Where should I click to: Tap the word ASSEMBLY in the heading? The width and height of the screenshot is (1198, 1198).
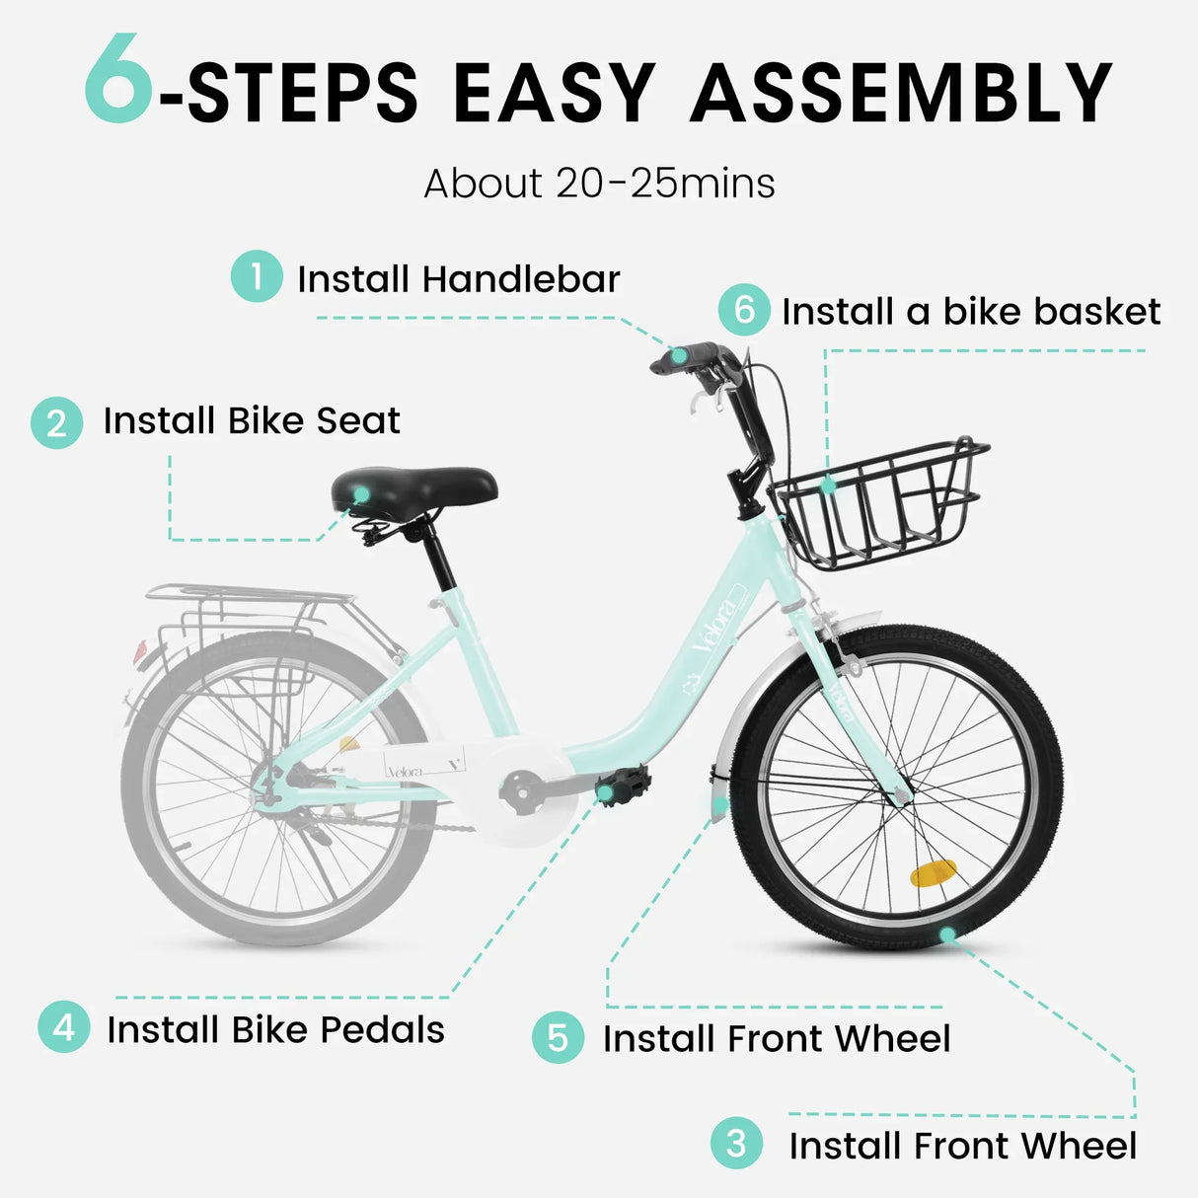click(901, 94)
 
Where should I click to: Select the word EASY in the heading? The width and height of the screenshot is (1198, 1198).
click(554, 94)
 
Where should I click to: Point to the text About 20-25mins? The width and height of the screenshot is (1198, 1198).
click(599, 184)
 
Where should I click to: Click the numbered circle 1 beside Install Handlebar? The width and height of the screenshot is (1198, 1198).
click(257, 276)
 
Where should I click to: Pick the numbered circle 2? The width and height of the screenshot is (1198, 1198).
click(57, 423)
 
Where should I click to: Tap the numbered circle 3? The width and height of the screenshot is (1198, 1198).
click(736, 1144)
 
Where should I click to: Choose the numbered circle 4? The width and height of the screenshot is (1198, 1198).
click(64, 1027)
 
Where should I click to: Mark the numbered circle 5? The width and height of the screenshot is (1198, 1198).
click(558, 1038)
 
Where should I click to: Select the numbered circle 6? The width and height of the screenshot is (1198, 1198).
click(744, 310)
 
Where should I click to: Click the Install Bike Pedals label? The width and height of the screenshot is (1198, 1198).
click(275, 1029)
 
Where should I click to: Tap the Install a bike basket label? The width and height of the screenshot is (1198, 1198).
click(971, 312)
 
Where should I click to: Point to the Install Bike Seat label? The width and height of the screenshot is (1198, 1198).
click(252, 421)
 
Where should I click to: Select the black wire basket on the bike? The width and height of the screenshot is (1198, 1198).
click(878, 503)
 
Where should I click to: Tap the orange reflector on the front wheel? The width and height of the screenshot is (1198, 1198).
click(933, 873)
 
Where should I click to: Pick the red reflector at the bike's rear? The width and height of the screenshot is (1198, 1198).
click(140, 651)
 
